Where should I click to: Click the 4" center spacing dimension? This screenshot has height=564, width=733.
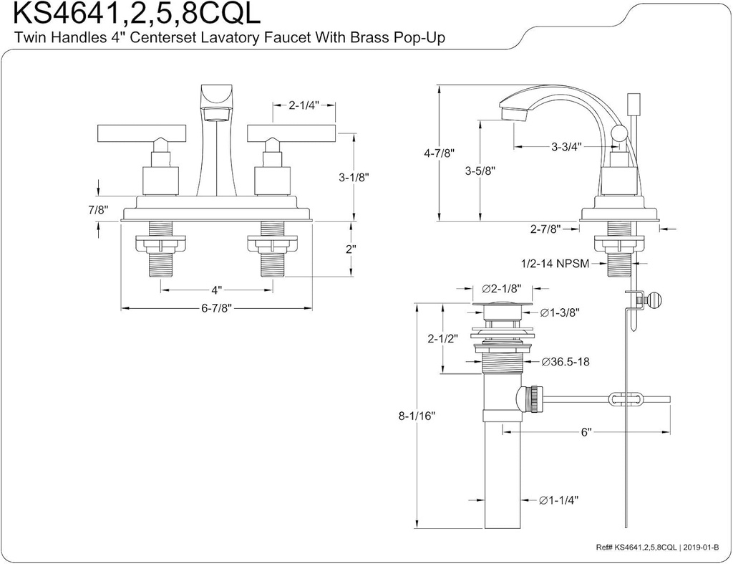tap(215, 290)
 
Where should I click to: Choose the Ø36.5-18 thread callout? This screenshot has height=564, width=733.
tap(565, 362)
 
